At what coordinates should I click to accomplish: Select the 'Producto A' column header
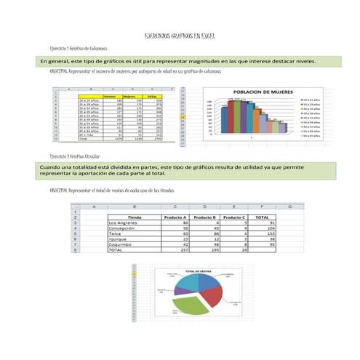tap(176, 216)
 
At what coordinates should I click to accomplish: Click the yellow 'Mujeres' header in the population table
tap(131, 95)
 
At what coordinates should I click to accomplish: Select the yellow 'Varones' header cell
tap(111, 95)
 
